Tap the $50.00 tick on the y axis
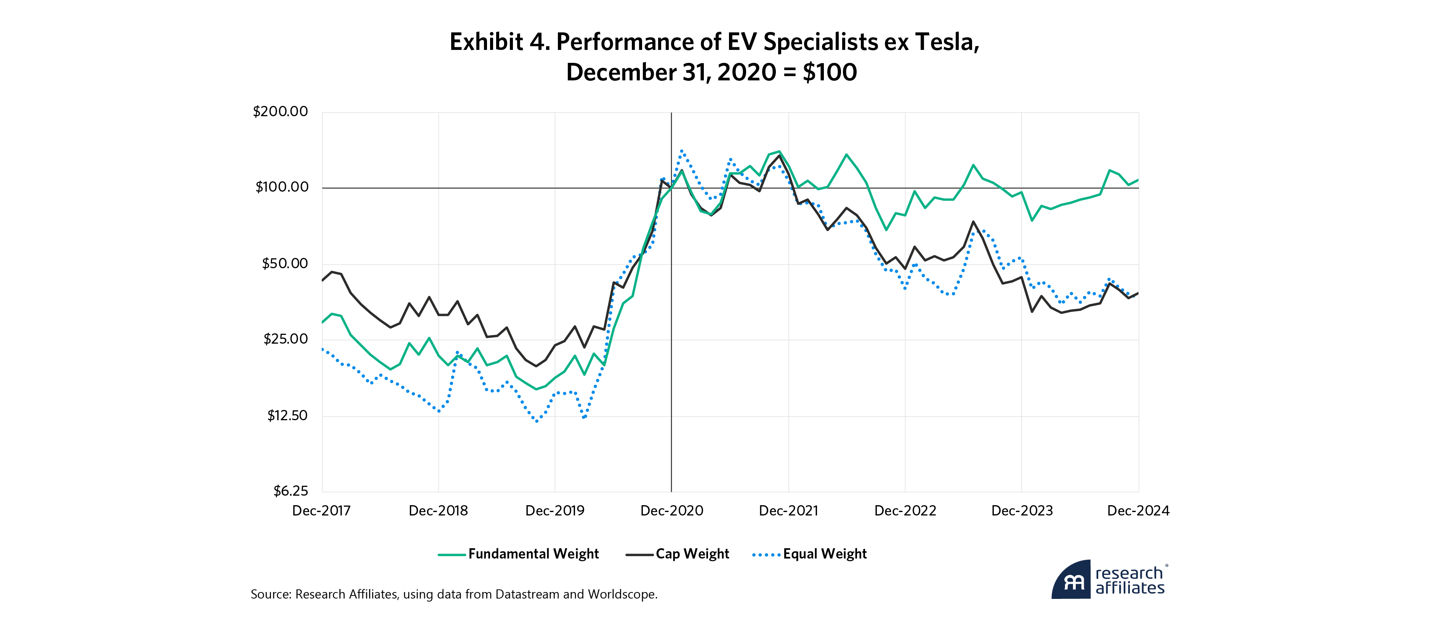(285, 263)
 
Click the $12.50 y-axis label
(287, 415)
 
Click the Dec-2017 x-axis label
(321, 511)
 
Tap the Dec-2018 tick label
(438, 511)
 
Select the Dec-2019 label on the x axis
(555, 511)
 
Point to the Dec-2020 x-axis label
(672, 511)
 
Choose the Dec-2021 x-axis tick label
(788, 511)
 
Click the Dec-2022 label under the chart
(905, 511)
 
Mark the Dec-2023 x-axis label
(1022, 511)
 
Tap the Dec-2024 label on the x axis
(1138, 511)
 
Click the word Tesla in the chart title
(947, 42)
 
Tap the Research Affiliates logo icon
(1072, 580)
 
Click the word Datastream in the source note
(527, 594)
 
